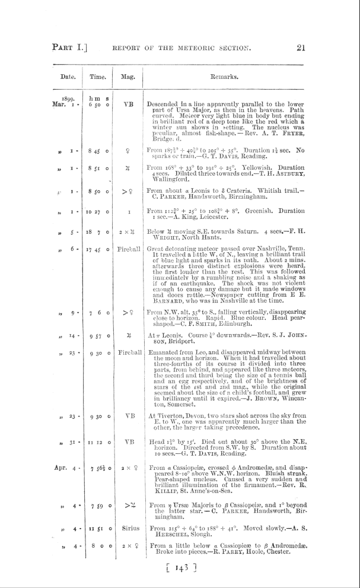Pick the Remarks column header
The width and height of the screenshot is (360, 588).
(x=223, y=77)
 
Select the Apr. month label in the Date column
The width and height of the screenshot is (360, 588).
(x=63, y=482)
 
